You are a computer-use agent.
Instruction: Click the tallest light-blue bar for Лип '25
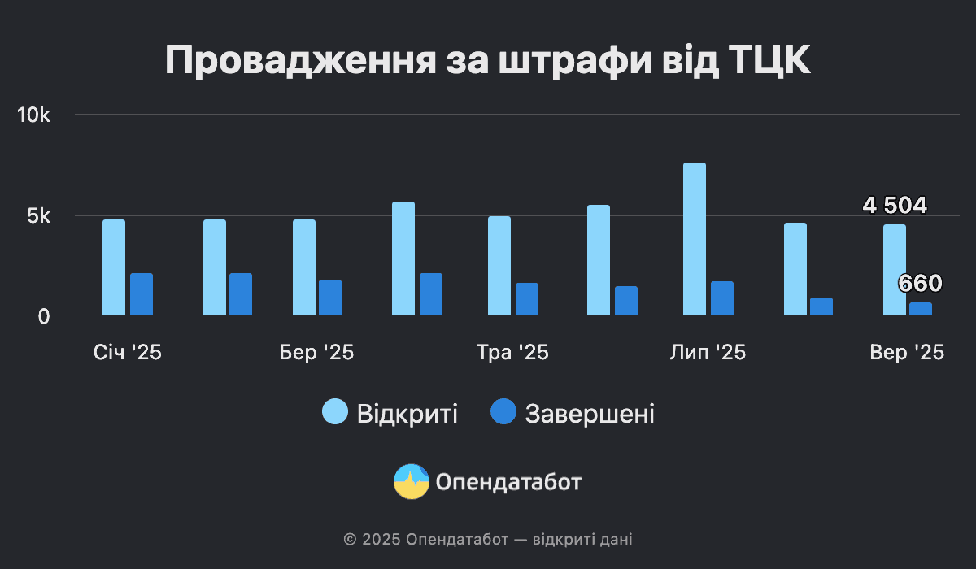695,239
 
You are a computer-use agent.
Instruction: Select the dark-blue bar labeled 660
921,309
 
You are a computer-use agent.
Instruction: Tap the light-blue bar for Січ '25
114,267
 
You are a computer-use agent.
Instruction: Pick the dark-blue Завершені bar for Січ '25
142,294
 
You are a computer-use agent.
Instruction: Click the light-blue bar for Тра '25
499,266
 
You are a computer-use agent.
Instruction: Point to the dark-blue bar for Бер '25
330,298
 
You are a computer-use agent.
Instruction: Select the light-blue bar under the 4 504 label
895,270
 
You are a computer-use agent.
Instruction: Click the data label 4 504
895,206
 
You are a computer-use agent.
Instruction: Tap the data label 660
920,284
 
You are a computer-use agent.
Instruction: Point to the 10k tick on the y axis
34,115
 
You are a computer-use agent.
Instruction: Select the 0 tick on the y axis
44,316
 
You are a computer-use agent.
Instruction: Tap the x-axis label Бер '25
316,353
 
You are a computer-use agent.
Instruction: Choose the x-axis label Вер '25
907,353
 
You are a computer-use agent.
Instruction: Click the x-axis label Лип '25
708,353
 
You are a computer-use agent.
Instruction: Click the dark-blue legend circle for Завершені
503,412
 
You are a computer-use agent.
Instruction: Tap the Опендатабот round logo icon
411,482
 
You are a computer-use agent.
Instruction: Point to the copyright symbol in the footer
351,539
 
